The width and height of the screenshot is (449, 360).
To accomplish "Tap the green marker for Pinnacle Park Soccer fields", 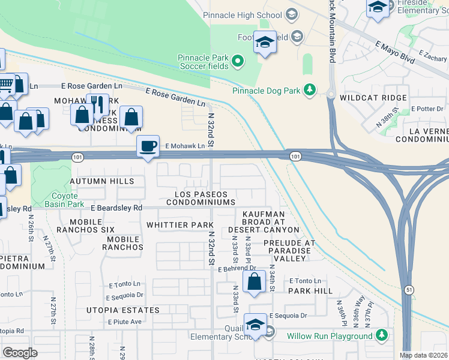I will click(x=238, y=61).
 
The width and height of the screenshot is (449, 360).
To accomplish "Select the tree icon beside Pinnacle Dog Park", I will click(x=309, y=90).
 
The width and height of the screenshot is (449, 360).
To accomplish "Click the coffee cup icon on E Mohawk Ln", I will click(x=148, y=146).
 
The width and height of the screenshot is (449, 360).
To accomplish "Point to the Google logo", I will click(x=20, y=352).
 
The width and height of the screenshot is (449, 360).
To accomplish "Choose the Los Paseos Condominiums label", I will click(x=200, y=199).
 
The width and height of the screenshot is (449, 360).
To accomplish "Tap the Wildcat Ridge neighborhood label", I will click(x=373, y=97).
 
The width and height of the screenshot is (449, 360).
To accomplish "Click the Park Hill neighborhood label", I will click(x=310, y=290).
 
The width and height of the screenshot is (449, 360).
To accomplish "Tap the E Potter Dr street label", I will click(x=427, y=109).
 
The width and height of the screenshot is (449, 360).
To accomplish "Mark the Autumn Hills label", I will click(x=98, y=181).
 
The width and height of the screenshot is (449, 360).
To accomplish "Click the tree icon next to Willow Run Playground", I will click(x=382, y=336).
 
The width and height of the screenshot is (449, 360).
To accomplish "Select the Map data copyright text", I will click(x=423, y=355).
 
